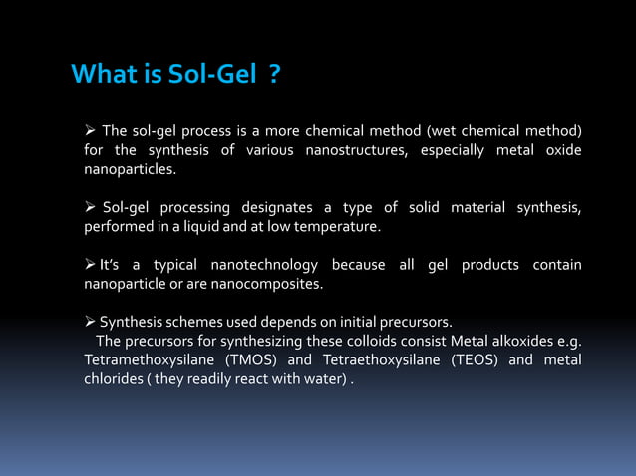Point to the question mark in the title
point(274,75)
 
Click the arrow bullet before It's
point(90,265)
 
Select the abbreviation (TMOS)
point(253,359)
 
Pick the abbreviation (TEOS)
point(470,359)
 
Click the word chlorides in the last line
point(113,378)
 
